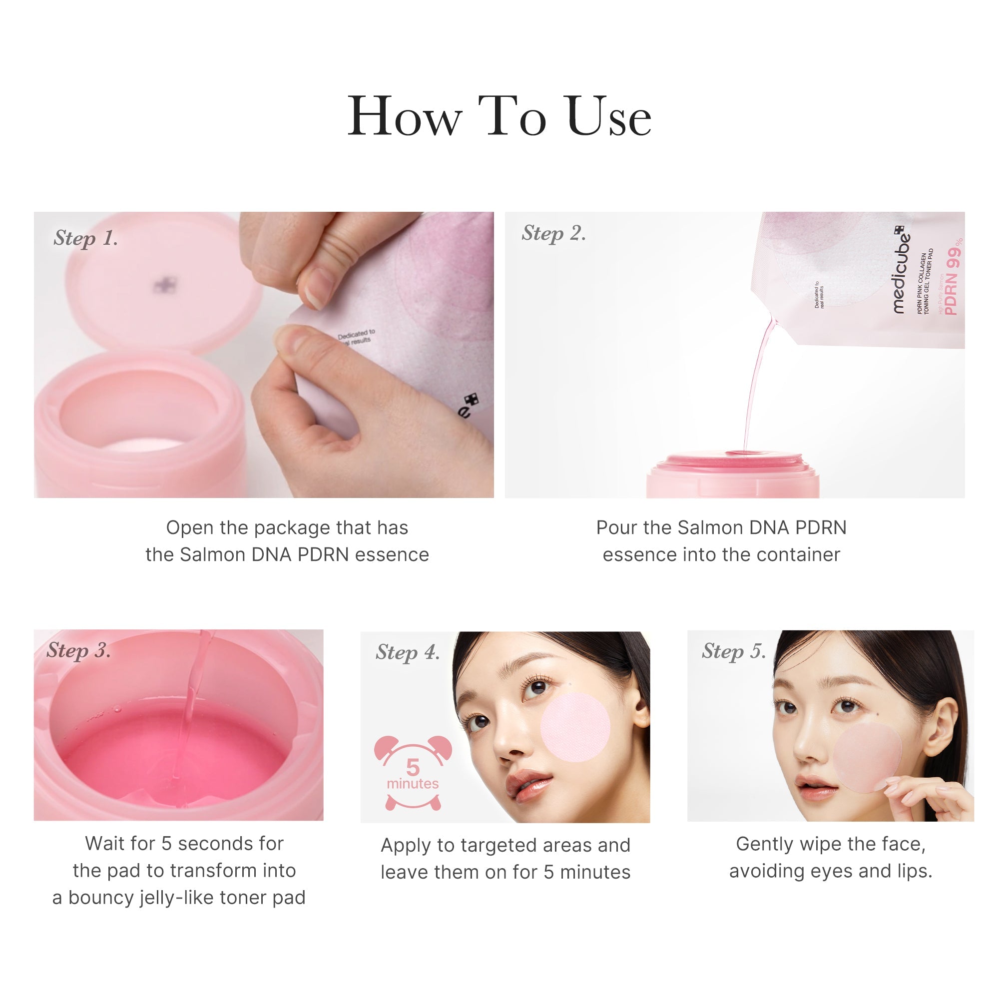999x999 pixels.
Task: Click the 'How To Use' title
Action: tap(499, 117)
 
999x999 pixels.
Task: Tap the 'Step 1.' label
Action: tap(86, 238)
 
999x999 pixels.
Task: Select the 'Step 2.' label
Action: tap(553, 233)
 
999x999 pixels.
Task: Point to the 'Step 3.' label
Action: tap(78, 650)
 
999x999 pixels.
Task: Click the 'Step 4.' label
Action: tap(408, 652)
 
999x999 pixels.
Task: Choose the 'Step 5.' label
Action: tap(733, 651)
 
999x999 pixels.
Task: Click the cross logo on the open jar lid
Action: tap(165, 284)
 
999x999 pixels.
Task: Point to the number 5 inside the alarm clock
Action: tap(413, 767)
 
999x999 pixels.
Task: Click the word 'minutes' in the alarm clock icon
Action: tap(413, 784)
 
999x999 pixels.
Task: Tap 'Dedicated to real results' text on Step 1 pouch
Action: tap(356, 336)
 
